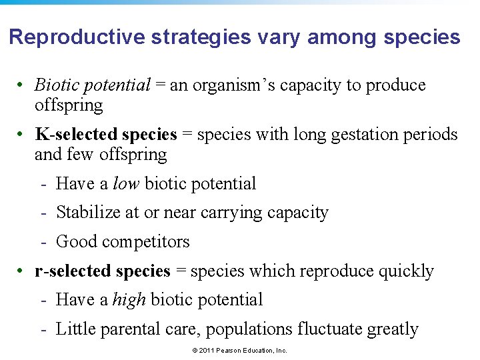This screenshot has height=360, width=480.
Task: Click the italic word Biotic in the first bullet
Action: point(55,85)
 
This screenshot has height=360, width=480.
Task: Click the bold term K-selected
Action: point(74,135)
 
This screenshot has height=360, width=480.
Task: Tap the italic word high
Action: point(129,300)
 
